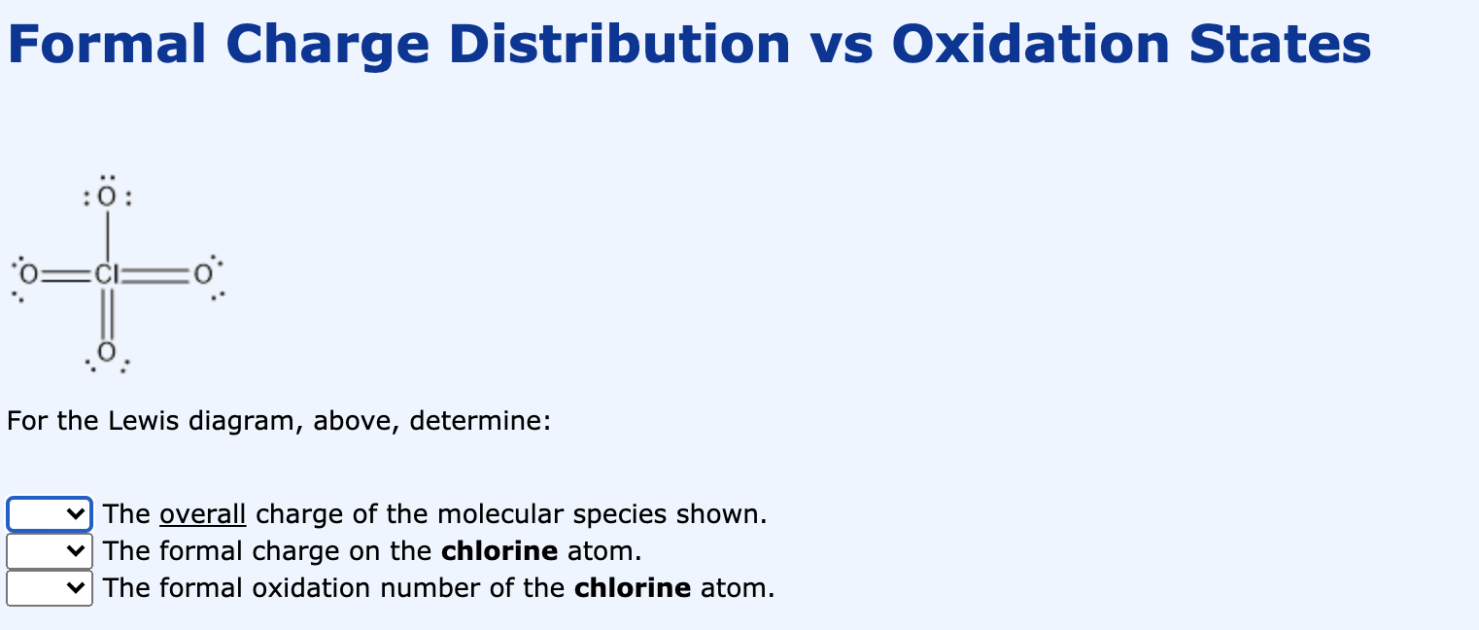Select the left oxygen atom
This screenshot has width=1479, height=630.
pyautogui.click(x=31, y=275)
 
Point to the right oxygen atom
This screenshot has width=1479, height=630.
pyautogui.click(x=202, y=275)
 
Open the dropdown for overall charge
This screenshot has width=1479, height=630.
pyautogui.click(x=50, y=514)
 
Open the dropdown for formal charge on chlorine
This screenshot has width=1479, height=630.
pyautogui.click(x=50, y=551)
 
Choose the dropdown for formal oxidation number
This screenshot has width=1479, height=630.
pyautogui.click(x=50, y=588)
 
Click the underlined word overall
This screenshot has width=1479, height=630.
pyautogui.click(x=202, y=514)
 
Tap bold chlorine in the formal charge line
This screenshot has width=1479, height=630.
pyautogui.click(x=499, y=551)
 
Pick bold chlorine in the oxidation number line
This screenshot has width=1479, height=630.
pyautogui.click(x=633, y=588)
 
